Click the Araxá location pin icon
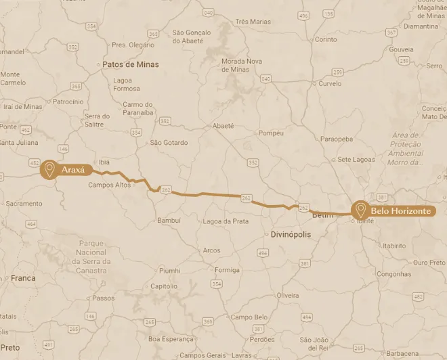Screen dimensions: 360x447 pyautogui.click(x=49, y=168)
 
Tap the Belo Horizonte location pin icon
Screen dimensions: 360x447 pyautogui.click(x=360, y=210)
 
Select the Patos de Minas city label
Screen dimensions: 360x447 pyautogui.click(x=130, y=65)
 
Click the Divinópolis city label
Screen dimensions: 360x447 pyautogui.click(x=291, y=234)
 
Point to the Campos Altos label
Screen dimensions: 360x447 pyautogui.click(x=109, y=185)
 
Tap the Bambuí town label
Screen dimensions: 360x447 pyautogui.click(x=169, y=221)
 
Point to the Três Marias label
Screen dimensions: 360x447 pyautogui.click(x=253, y=22)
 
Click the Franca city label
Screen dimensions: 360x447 pyautogui.click(x=23, y=278)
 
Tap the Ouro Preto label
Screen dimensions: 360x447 pyautogui.click(x=429, y=263)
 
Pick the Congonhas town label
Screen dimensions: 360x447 pyautogui.click(x=393, y=275)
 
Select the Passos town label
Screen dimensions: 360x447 pyautogui.click(x=104, y=298)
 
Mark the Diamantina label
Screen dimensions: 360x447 pyautogui.click(x=421, y=26)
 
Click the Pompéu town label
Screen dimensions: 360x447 pyautogui.click(x=271, y=133)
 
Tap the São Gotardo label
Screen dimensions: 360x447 pyautogui.click(x=169, y=143)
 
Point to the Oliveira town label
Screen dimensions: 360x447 pyautogui.click(x=288, y=296)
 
